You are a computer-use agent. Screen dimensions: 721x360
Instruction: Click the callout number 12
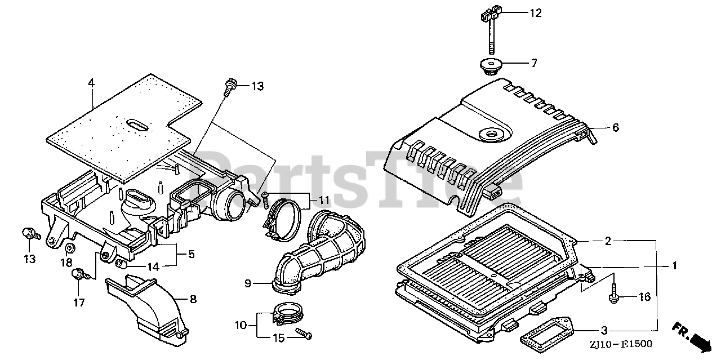[x=535, y=13]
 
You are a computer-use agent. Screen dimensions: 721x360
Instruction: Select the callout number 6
[x=615, y=128]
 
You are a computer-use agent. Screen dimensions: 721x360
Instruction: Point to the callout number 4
[x=91, y=83]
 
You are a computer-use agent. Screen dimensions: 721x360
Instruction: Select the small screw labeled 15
[x=304, y=335]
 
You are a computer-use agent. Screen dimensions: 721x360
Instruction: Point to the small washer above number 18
[x=70, y=248]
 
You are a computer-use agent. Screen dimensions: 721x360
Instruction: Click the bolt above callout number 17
[x=79, y=275]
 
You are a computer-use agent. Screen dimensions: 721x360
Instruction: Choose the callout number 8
[x=192, y=299]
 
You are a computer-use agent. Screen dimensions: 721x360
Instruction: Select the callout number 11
[x=324, y=199]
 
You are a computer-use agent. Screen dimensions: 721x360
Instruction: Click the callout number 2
[x=608, y=241]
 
